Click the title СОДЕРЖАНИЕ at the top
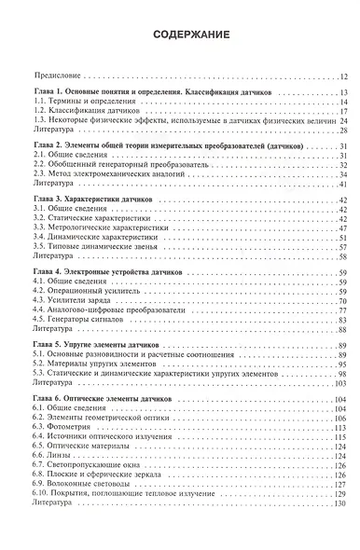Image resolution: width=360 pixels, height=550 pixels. (x=180, y=35)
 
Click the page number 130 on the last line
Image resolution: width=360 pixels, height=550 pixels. (x=339, y=502)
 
